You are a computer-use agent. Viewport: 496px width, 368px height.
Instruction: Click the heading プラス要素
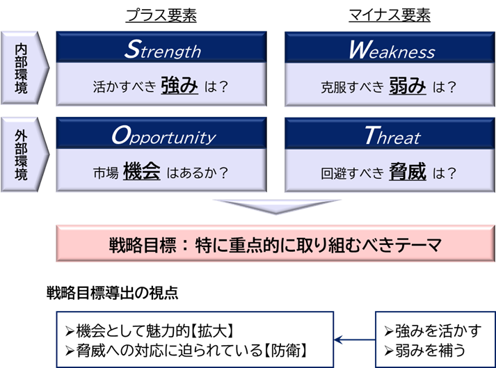161,15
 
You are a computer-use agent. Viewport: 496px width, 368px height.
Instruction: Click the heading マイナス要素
390,15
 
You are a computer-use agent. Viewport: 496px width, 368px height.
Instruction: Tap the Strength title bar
161,47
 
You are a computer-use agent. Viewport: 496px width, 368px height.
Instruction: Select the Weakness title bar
390,47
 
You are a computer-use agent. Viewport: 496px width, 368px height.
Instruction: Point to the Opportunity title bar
161,133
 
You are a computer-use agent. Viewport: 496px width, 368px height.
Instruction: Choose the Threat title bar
390,133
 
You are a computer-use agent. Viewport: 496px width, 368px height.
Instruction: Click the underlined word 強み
179,86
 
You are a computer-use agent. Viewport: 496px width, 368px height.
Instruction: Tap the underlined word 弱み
408,86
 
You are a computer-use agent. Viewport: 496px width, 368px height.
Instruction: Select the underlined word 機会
142,171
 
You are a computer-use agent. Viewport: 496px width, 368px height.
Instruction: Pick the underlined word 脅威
408,172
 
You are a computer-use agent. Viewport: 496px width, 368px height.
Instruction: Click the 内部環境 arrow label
24,67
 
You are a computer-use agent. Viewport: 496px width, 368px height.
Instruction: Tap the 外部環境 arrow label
24,154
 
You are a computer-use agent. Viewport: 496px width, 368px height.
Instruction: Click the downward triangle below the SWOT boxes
276,206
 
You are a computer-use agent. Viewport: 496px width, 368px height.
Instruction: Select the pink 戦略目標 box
275,243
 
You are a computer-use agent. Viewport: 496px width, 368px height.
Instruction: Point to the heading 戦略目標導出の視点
112,293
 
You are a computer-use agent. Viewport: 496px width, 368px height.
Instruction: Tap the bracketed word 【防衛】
285,351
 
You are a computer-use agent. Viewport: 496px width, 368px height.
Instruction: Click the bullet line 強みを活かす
433,331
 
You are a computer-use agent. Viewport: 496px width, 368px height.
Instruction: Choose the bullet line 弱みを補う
425,351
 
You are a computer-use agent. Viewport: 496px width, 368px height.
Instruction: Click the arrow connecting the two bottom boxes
355,340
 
